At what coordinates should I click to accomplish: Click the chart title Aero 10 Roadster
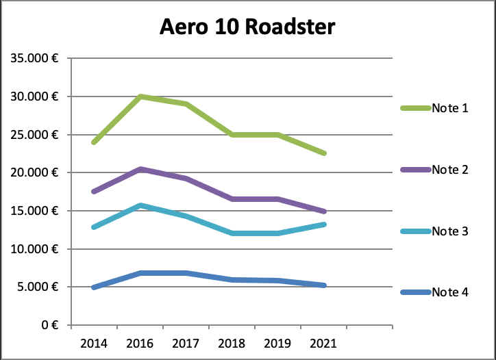click(x=247, y=27)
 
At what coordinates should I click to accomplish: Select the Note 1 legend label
click(x=449, y=108)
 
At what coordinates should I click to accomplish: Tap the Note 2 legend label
click(x=449, y=169)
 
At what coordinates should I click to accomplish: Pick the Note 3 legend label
click(x=449, y=231)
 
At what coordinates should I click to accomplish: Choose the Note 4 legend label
click(x=449, y=292)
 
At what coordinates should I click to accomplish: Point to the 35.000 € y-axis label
click(x=34, y=58)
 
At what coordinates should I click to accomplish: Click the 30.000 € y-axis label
click(x=34, y=97)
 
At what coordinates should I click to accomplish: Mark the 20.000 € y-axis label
click(x=34, y=172)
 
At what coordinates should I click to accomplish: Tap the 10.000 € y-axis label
click(x=34, y=248)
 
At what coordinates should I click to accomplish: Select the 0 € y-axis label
click(x=48, y=325)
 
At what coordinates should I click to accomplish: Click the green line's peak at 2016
click(x=140, y=97)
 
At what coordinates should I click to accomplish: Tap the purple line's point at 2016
click(x=140, y=168)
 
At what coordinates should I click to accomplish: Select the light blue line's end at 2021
click(x=323, y=224)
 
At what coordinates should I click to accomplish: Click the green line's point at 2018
click(x=232, y=135)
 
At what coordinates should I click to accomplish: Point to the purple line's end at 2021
click(x=323, y=211)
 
